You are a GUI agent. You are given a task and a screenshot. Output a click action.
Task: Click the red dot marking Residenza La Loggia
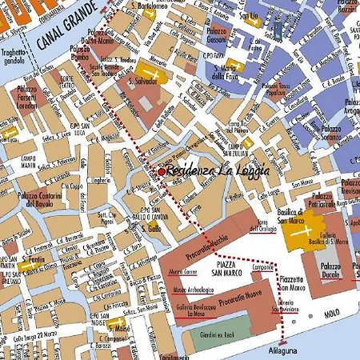pyautogui.click(x=162, y=171)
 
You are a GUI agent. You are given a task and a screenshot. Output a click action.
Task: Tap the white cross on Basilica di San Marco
pyautogui.click(x=302, y=231)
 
